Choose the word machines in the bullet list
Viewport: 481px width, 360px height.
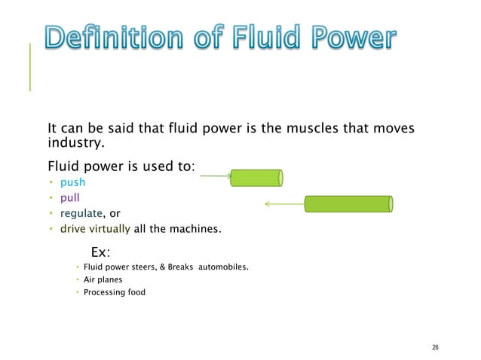pos(195,228)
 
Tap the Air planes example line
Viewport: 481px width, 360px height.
pos(103,279)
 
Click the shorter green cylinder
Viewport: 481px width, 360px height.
pos(256,178)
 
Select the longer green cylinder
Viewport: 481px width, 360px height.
pos(348,203)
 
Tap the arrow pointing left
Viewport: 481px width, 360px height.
pos(282,203)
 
